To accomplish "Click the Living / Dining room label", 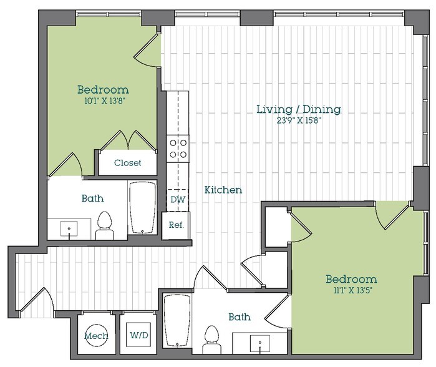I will click(299, 110).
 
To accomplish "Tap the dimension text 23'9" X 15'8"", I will click(299, 122).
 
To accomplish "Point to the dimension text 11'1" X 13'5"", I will click(351, 290).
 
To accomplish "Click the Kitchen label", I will click(223, 190).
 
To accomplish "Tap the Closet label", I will click(127, 163).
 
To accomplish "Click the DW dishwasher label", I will click(177, 200).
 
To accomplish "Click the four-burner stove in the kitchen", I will click(177, 149).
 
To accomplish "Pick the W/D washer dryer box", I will click(138, 335).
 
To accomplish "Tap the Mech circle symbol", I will click(95, 336).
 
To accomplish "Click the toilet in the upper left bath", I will click(104, 226).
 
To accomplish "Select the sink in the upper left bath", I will click(69, 229).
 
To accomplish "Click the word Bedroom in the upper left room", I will click(103, 89).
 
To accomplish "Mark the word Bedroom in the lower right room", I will click(351, 279).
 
